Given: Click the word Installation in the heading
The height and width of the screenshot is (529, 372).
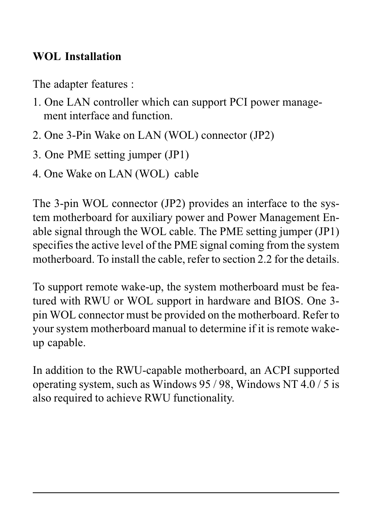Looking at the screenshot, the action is pyautogui.click(x=93, y=57).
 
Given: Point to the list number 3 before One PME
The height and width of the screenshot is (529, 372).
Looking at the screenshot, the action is pyautogui.click(x=35, y=155).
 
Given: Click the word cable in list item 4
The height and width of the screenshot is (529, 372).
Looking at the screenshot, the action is pyautogui.click(x=186, y=174).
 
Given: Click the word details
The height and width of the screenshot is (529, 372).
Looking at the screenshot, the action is pyautogui.click(x=322, y=259).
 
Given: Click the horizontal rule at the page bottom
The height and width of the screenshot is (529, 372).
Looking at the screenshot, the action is pyautogui.click(x=186, y=493).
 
